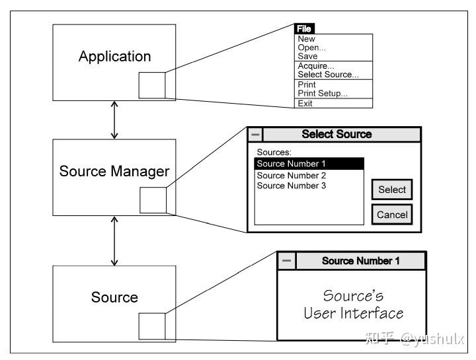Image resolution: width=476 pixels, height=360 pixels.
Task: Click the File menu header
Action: pyautogui.click(x=303, y=29)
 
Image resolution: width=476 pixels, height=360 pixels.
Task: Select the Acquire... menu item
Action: pyautogui.click(x=316, y=66)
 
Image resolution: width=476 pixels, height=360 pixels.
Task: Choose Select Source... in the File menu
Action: pyautogui.click(x=328, y=75)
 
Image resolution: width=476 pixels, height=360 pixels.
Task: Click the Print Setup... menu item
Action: pyautogui.click(x=322, y=93)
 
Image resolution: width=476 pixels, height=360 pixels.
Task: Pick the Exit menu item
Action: pyautogui.click(x=305, y=104)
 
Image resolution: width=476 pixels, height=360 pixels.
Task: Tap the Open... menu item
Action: pyautogui.click(x=311, y=48)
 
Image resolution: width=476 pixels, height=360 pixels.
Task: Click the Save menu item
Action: pyautogui.click(x=307, y=56)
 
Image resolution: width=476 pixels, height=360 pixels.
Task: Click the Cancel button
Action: pyautogui.click(x=392, y=215)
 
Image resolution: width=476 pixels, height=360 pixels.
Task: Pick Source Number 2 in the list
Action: pyautogui.click(x=292, y=176)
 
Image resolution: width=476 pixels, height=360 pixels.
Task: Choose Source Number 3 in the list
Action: pyautogui.click(x=292, y=186)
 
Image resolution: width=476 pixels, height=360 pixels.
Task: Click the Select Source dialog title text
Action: pyautogui.click(x=337, y=134)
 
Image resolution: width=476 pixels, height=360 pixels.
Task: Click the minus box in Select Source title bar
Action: pyautogui.click(x=255, y=135)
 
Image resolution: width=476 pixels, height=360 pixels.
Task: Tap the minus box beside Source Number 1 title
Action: pyautogui.click(x=286, y=261)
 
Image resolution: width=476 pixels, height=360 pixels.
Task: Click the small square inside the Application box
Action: pyautogui.click(x=152, y=86)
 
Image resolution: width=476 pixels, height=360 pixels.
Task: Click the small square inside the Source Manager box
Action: pyautogui.click(x=153, y=200)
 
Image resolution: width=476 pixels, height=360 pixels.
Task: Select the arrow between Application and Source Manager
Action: pyautogui.click(x=114, y=120)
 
